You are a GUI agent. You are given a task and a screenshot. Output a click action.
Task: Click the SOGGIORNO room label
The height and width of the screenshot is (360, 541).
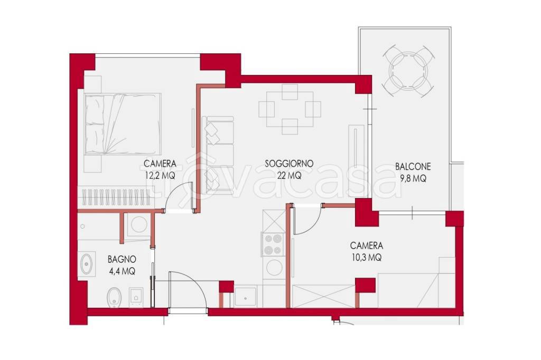click(289, 163)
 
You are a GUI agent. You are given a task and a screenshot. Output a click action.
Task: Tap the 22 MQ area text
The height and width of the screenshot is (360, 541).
click(289, 176)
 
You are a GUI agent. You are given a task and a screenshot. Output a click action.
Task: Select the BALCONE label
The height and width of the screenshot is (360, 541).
click(413, 167)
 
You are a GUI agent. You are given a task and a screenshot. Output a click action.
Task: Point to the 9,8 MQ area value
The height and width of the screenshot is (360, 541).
click(413, 178)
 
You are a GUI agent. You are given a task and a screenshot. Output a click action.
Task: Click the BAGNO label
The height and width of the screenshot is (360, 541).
click(122, 259)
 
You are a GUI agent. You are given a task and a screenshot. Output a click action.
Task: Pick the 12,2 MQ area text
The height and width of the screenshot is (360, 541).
click(160, 176)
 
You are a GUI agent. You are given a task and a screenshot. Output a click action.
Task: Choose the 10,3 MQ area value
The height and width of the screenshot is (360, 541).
click(367, 258)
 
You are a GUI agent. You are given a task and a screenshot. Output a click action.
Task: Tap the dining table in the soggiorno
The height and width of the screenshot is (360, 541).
click(290, 109)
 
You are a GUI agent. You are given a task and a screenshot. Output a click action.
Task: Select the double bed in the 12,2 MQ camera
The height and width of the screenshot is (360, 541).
click(123, 124)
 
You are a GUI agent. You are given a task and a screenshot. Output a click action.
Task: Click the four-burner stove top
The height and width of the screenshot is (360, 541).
click(273, 244)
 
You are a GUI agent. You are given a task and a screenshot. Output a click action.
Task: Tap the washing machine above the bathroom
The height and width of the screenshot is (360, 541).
click(139, 225)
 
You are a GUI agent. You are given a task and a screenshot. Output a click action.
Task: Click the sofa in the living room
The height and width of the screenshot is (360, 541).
click(218, 154)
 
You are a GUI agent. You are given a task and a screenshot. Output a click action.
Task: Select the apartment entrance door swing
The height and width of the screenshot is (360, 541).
click(188, 292)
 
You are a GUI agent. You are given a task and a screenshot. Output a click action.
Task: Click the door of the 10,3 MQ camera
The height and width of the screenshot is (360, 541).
click(307, 220)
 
